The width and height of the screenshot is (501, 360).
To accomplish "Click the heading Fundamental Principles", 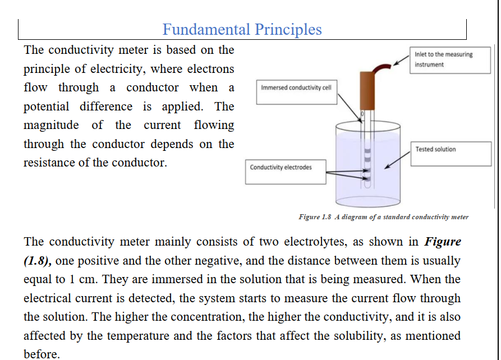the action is (242, 30).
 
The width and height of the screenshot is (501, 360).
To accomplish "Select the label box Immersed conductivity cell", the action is (297, 92).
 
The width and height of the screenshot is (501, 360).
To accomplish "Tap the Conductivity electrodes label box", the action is (286, 172).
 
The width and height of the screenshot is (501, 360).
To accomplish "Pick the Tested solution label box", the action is (451, 154).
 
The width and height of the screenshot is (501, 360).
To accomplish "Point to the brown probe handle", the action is (367, 91).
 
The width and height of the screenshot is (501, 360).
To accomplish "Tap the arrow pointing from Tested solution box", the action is (397, 160).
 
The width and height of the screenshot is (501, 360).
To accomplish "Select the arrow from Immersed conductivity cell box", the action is (350, 108).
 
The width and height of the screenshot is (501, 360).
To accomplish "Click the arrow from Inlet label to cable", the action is (401, 61).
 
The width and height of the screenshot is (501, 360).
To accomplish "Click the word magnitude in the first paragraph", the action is (51, 126).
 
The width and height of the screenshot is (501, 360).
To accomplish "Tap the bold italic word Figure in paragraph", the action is (443, 242).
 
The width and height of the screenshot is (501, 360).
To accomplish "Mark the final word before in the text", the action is (42, 354).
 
